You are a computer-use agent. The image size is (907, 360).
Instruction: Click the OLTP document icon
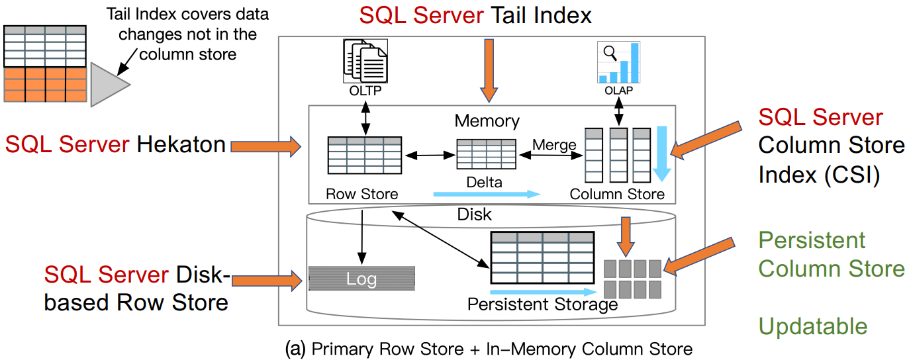(365, 62)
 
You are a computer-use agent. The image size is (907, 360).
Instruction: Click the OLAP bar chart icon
(618, 63)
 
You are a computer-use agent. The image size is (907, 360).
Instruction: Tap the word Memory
(487, 121)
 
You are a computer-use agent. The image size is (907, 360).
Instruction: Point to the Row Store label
(362, 194)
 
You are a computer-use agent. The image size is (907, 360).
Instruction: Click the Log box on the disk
(361, 279)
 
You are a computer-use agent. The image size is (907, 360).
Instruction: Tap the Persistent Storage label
(542, 304)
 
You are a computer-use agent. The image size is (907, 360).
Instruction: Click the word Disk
(475, 215)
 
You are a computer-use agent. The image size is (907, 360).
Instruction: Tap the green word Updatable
(812, 326)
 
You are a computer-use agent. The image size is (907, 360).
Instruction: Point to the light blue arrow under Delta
(486, 195)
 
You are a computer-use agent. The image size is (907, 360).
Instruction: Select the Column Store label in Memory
(617, 194)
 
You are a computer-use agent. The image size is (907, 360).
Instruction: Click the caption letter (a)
(295, 349)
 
